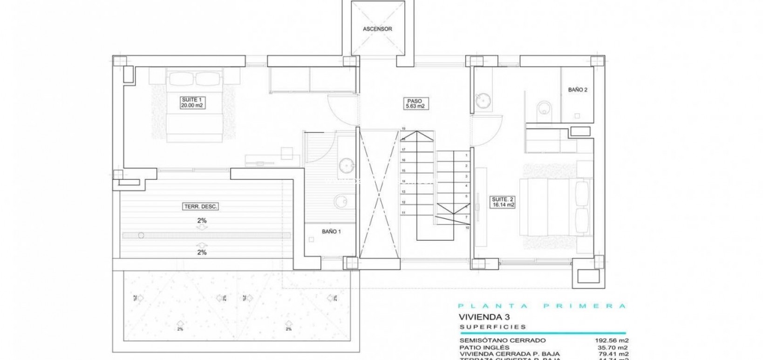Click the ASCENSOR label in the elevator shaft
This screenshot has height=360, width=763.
pyautogui.click(x=377, y=29)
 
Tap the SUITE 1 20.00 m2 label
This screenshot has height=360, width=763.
pyautogui.click(x=193, y=103)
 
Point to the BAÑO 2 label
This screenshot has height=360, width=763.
pyautogui.click(x=577, y=90)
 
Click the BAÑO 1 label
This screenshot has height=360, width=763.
pyautogui.click(x=331, y=231)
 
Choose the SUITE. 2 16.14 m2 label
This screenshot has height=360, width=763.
pyautogui.click(x=503, y=202)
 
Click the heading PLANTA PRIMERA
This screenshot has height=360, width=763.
pyautogui.click(x=542, y=306)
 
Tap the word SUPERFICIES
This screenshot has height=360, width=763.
pyautogui.click(x=486, y=327)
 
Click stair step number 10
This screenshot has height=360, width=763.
pyautogui.click(x=466, y=228)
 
